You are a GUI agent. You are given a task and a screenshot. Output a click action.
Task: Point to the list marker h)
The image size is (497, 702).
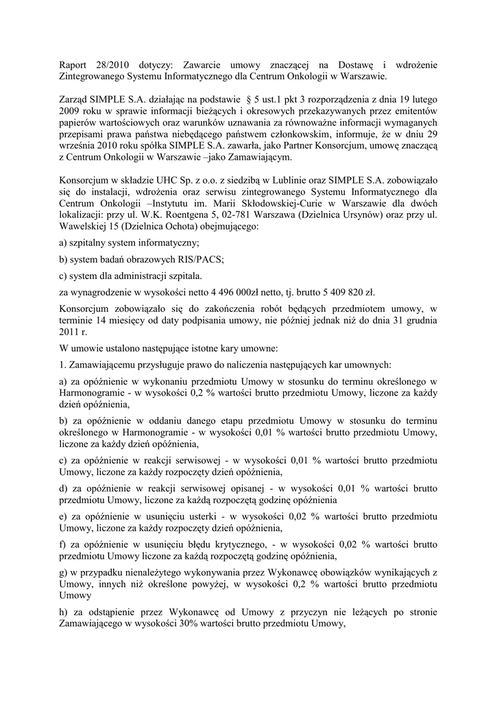pos(65,612)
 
